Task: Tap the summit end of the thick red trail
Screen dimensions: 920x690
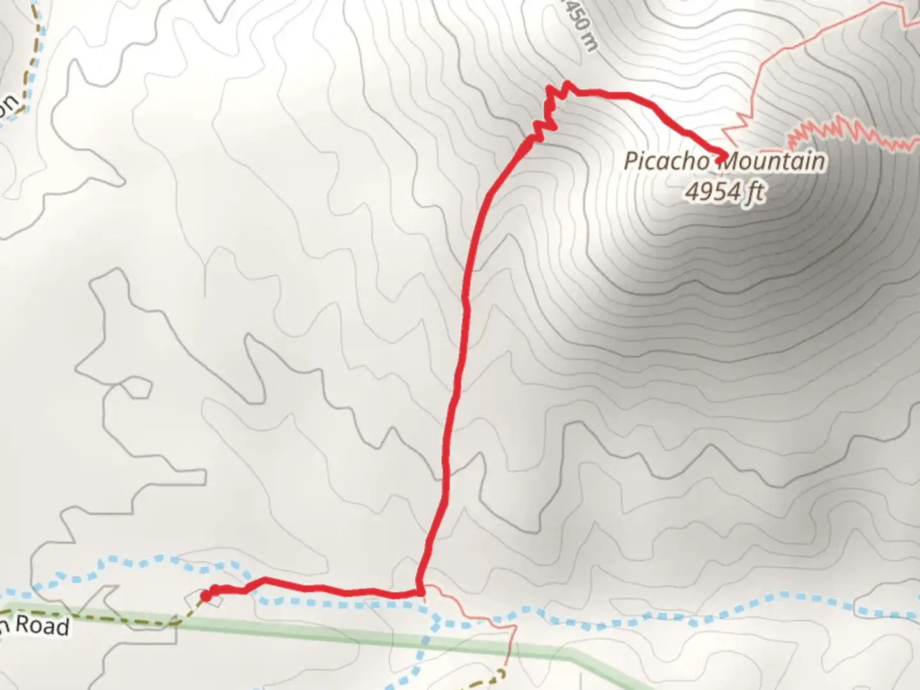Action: tap(723, 155)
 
